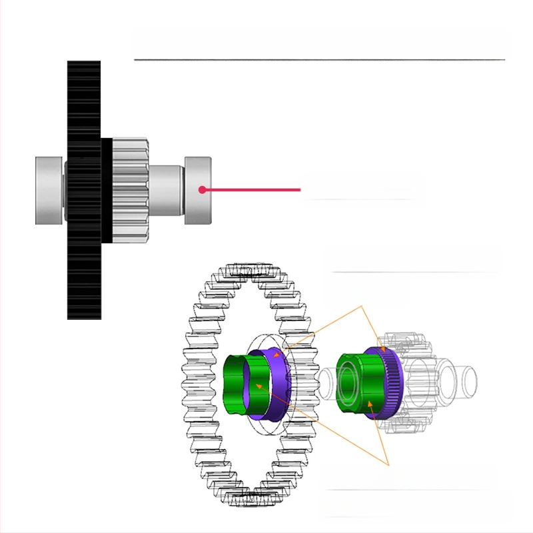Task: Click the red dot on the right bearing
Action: pos(202,190)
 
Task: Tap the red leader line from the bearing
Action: pos(253,190)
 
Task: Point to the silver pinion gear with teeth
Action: pos(129,189)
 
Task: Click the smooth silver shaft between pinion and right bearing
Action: pos(165,190)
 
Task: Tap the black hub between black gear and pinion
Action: pos(106,190)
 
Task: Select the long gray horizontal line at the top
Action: pos(320,60)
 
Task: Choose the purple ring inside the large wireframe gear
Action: pos(273,386)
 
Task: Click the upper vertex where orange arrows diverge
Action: pos(361,306)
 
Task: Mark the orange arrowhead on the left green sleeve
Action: pos(259,385)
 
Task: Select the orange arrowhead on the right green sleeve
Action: pos(370,402)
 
